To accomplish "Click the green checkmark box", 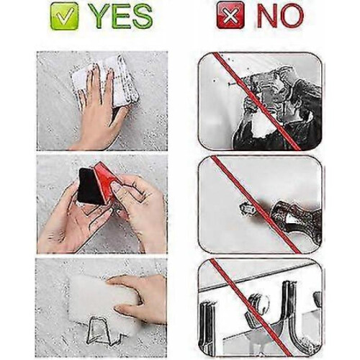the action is (64, 16).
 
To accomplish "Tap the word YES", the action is (122, 16).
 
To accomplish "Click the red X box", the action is (230, 15).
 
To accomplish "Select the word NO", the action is (280, 15).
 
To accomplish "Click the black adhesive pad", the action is (88, 186).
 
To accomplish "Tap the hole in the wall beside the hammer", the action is (246, 208).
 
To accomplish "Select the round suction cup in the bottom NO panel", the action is (258, 304).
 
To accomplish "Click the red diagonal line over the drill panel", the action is (257, 102).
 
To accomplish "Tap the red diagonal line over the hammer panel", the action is (256, 204).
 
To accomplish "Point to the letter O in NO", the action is (292, 15).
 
